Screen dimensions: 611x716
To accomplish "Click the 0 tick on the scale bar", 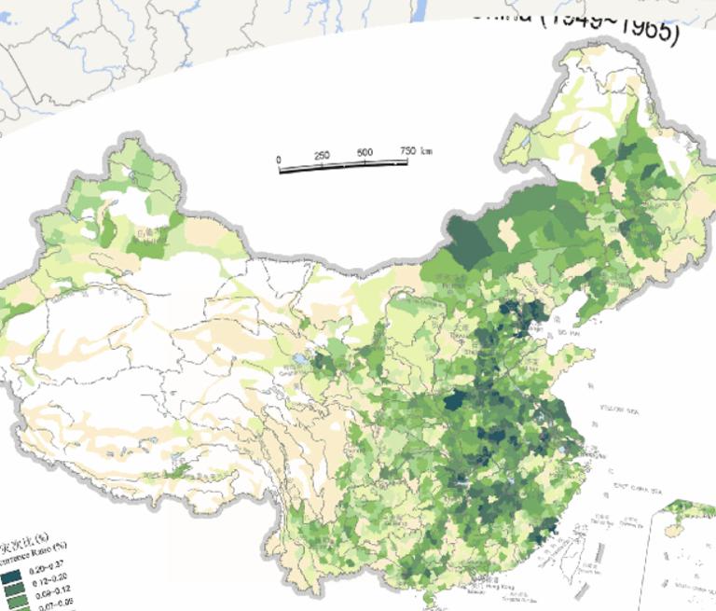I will pyautogui.click(x=279, y=160).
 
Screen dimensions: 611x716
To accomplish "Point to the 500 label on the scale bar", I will pyautogui.click(x=365, y=153).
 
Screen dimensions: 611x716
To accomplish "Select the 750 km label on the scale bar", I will pyautogui.click(x=415, y=150).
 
